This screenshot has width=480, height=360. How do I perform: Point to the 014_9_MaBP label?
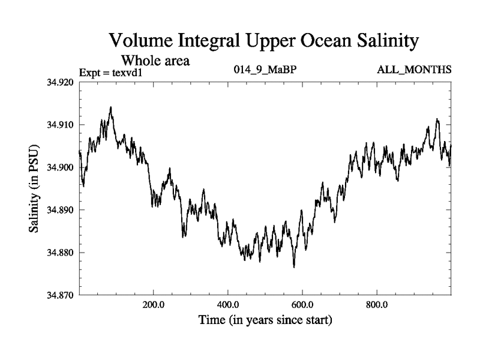(265, 71)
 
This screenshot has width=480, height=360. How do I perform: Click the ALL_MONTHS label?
(414, 71)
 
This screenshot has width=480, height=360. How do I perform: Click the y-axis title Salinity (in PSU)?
(34, 188)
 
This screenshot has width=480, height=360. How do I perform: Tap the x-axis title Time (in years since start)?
(265, 320)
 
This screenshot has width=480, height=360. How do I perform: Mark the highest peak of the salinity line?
(110, 107)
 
